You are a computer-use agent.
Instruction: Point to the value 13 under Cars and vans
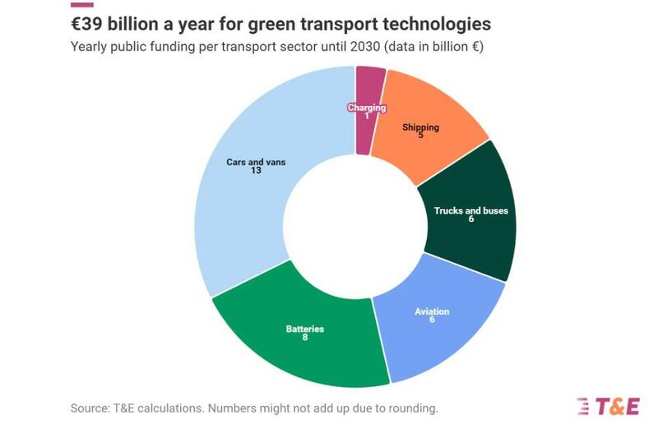point(256,171)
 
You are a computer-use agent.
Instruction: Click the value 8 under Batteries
point(304,338)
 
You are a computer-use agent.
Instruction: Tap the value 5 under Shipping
point(420,136)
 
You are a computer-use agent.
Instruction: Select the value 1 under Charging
point(366,116)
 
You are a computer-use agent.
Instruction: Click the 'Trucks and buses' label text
point(470,210)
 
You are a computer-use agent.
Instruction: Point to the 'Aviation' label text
point(432,311)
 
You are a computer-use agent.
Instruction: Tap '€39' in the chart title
point(90,22)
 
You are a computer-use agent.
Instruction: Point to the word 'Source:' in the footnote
point(91,407)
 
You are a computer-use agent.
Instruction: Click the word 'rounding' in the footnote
point(412,407)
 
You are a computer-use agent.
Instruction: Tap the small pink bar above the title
point(81,3)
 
